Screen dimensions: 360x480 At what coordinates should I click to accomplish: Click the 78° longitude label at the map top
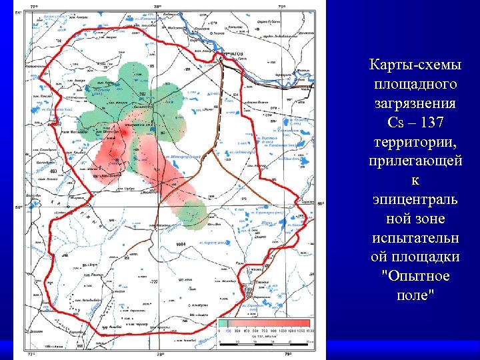pos(157,6)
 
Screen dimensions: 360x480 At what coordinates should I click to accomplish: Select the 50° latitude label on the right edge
pos(319,203)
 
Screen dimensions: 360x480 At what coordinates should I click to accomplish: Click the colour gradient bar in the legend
pos(266,323)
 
